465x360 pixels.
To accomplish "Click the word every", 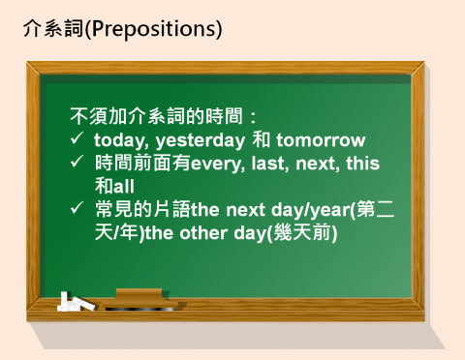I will tap(219, 163).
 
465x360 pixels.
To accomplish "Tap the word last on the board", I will tap(272, 163).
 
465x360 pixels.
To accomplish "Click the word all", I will tap(124, 185).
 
